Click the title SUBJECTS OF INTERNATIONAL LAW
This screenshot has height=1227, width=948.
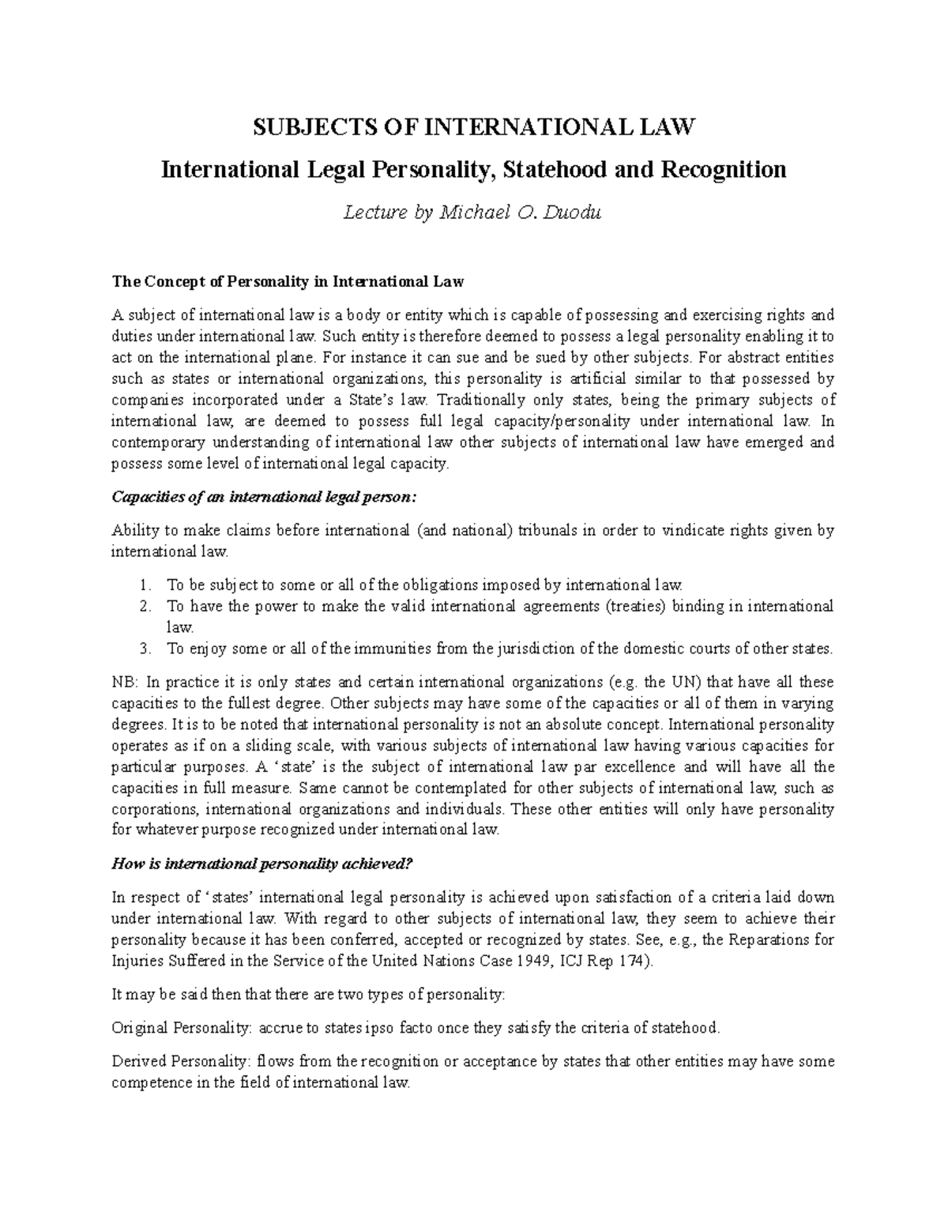(472, 126)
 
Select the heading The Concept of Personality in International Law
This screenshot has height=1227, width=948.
(288, 281)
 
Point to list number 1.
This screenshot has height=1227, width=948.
(143, 585)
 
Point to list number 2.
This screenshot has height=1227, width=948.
(143, 607)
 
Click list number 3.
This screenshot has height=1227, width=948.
(143, 649)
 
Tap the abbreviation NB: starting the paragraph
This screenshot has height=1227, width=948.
(125, 682)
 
